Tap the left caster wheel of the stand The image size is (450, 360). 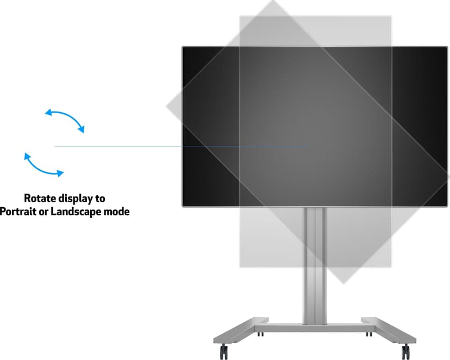click(x=224, y=351)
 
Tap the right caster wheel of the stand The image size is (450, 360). click(x=405, y=351)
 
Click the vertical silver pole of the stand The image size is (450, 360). click(x=315, y=265)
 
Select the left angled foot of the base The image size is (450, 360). click(x=241, y=330)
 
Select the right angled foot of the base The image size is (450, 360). click(x=389, y=330)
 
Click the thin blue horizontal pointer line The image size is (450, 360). click(x=182, y=146)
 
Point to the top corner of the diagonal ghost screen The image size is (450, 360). click(x=273, y=1)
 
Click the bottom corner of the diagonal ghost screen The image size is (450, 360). click(x=343, y=284)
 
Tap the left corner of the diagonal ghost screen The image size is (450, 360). click(x=166, y=106)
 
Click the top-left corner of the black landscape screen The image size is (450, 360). click(x=183, y=47)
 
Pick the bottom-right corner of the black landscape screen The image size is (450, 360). click(x=447, y=206)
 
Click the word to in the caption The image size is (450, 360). click(x=101, y=198)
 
